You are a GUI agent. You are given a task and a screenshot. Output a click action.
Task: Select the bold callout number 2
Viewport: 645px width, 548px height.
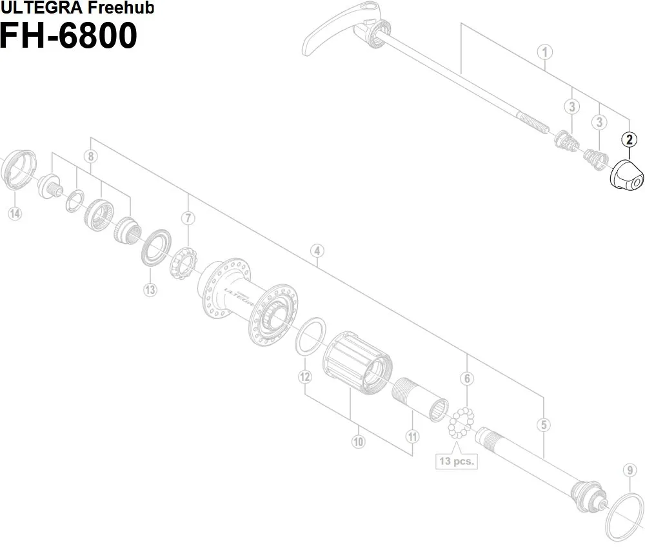pos(629,139)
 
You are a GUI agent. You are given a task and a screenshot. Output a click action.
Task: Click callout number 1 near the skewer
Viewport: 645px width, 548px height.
pos(546,52)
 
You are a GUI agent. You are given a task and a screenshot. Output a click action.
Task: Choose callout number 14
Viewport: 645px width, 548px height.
pos(15,213)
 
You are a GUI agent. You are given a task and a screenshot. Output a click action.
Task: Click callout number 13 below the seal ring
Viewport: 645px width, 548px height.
pos(150,289)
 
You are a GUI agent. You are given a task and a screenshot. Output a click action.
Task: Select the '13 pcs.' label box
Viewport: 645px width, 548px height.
pos(456,460)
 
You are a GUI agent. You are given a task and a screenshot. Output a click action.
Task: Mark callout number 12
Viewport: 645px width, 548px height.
pos(306,376)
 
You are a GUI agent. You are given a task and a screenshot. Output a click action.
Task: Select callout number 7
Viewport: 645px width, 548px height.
pos(188,218)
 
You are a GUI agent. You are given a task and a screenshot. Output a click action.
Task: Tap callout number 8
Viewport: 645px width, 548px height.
pos(91,156)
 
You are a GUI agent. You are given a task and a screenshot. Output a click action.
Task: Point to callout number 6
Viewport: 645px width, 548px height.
pos(467,378)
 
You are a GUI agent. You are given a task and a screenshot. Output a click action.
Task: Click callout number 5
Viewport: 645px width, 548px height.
pos(545,424)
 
